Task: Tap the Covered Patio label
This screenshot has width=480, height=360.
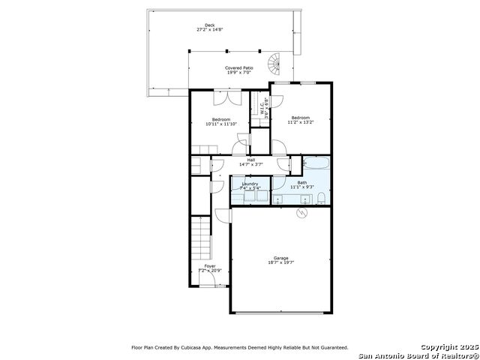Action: click(239, 68)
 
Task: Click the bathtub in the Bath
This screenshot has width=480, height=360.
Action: click(316, 164)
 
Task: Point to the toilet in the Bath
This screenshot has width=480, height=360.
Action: click(320, 198)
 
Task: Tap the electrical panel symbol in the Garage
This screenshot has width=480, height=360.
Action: click(301, 214)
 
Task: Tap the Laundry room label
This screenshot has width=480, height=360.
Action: click(250, 183)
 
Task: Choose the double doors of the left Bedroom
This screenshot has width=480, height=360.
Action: click(225, 97)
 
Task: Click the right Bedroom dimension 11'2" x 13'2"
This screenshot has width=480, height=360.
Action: click(301, 122)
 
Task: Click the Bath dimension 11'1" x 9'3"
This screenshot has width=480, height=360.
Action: click(301, 187)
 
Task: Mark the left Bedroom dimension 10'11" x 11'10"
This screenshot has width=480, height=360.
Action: click(221, 124)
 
